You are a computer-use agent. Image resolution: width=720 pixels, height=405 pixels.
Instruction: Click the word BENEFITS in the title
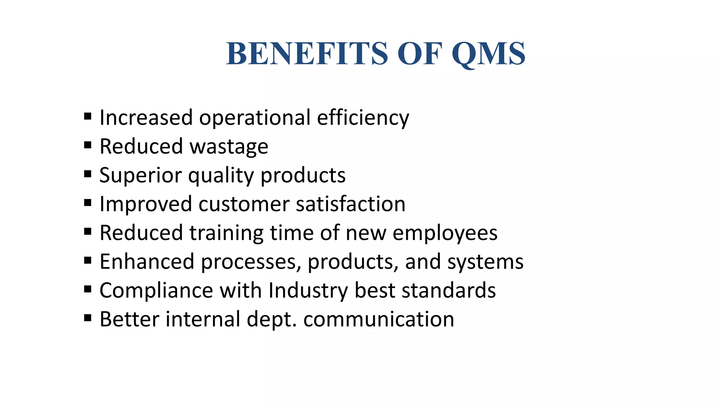point(307,54)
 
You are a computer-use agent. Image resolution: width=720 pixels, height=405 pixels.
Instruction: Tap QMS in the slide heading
point(488,54)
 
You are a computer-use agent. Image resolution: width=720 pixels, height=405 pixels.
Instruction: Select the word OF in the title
point(419,54)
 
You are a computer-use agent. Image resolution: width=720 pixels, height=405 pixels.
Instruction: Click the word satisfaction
point(351,204)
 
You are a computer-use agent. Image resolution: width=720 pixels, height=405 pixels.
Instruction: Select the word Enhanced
point(147,262)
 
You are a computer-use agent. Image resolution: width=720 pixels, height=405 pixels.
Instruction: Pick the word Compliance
point(156,290)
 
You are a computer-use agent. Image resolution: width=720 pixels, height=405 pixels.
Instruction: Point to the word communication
point(379,319)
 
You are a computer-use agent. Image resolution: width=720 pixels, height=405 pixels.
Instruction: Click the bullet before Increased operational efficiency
point(88,116)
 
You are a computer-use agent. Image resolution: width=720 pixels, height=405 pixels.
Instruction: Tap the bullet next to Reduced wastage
point(88,145)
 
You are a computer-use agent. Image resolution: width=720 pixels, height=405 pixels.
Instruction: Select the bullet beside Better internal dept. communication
point(88,318)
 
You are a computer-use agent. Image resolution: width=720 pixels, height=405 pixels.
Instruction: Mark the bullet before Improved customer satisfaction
point(88,202)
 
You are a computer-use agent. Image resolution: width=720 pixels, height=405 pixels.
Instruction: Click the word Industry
point(308,291)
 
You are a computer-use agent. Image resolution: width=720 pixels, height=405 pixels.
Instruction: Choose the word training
point(226,233)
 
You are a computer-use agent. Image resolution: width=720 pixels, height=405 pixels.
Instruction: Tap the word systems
point(485,262)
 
